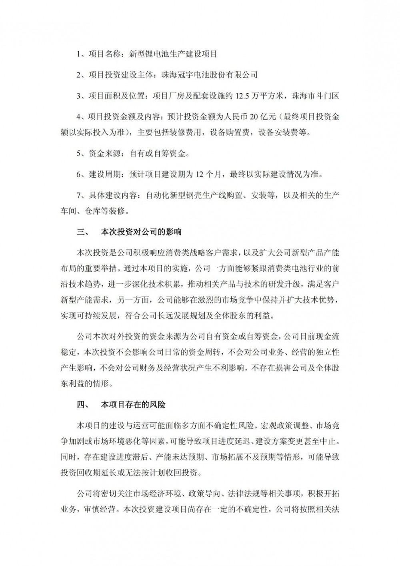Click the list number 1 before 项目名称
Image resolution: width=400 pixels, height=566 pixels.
click(x=79, y=54)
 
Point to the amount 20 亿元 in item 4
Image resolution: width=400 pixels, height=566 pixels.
click(x=263, y=117)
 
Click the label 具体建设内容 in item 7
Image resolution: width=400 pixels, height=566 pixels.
click(x=112, y=195)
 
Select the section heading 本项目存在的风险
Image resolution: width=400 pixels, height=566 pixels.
click(x=133, y=405)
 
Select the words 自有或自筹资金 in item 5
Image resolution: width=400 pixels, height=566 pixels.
click(x=156, y=153)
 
